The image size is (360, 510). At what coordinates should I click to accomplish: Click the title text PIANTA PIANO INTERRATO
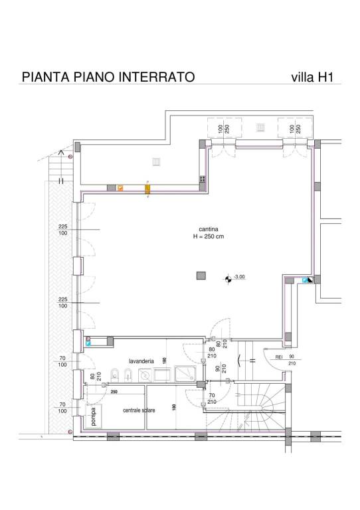(108, 77)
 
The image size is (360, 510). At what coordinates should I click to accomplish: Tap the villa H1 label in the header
(312, 77)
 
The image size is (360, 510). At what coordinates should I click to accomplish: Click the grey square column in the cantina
(200, 276)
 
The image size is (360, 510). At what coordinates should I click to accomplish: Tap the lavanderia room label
(141, 361)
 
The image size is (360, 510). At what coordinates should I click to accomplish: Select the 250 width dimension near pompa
(114, 392)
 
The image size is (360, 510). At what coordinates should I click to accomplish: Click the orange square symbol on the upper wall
(120, 189)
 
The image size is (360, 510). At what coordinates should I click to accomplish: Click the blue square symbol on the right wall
(306, 281)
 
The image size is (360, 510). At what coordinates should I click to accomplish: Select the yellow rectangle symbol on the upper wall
(147, 190)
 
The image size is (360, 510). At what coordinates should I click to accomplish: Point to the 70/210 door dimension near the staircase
(211, 399)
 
